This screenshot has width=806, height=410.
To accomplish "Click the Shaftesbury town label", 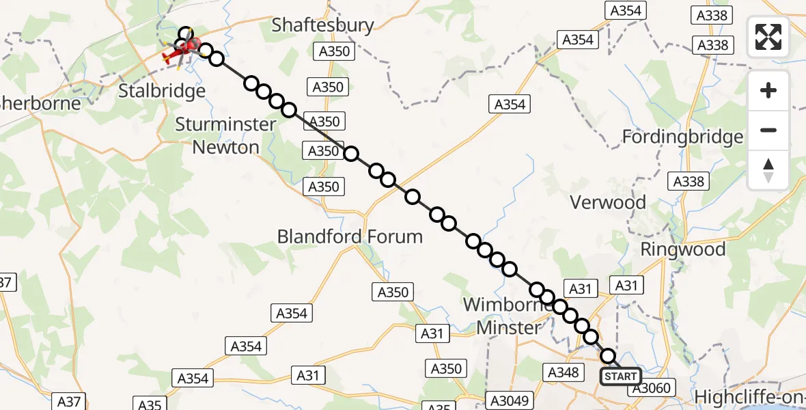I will click(x=323, y=25).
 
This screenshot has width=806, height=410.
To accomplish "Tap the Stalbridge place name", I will click(x=162, y=91).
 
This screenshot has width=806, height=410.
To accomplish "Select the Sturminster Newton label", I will click(x=226, y=135).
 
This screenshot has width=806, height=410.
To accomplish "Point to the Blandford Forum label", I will click(x=350, y=237).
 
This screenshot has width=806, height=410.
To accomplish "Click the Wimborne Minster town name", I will click(x=508, y=316).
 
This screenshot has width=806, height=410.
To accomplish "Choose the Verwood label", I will click(x=608, y=202).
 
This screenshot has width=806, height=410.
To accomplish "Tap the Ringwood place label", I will click(x=683, y=249).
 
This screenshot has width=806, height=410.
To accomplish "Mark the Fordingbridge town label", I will click(x=682, y=137).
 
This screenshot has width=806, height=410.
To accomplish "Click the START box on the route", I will click(x=620, y=377).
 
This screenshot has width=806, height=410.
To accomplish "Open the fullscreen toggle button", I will click(x=768, y=37).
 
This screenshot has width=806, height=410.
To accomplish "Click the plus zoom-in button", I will click(x=768, y=90).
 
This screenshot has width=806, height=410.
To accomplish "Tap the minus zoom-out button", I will click(x=768, y=130).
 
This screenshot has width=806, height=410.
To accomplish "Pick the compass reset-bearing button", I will click(x=768, y=169).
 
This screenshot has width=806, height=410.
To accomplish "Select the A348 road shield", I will click(x=564, y=372).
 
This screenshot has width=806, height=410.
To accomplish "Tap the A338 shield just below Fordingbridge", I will click(x=689, y=182).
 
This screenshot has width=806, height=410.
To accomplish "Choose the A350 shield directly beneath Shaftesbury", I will click(x=334, y=51).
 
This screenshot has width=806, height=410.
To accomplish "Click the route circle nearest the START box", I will click(x=608, y=355).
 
